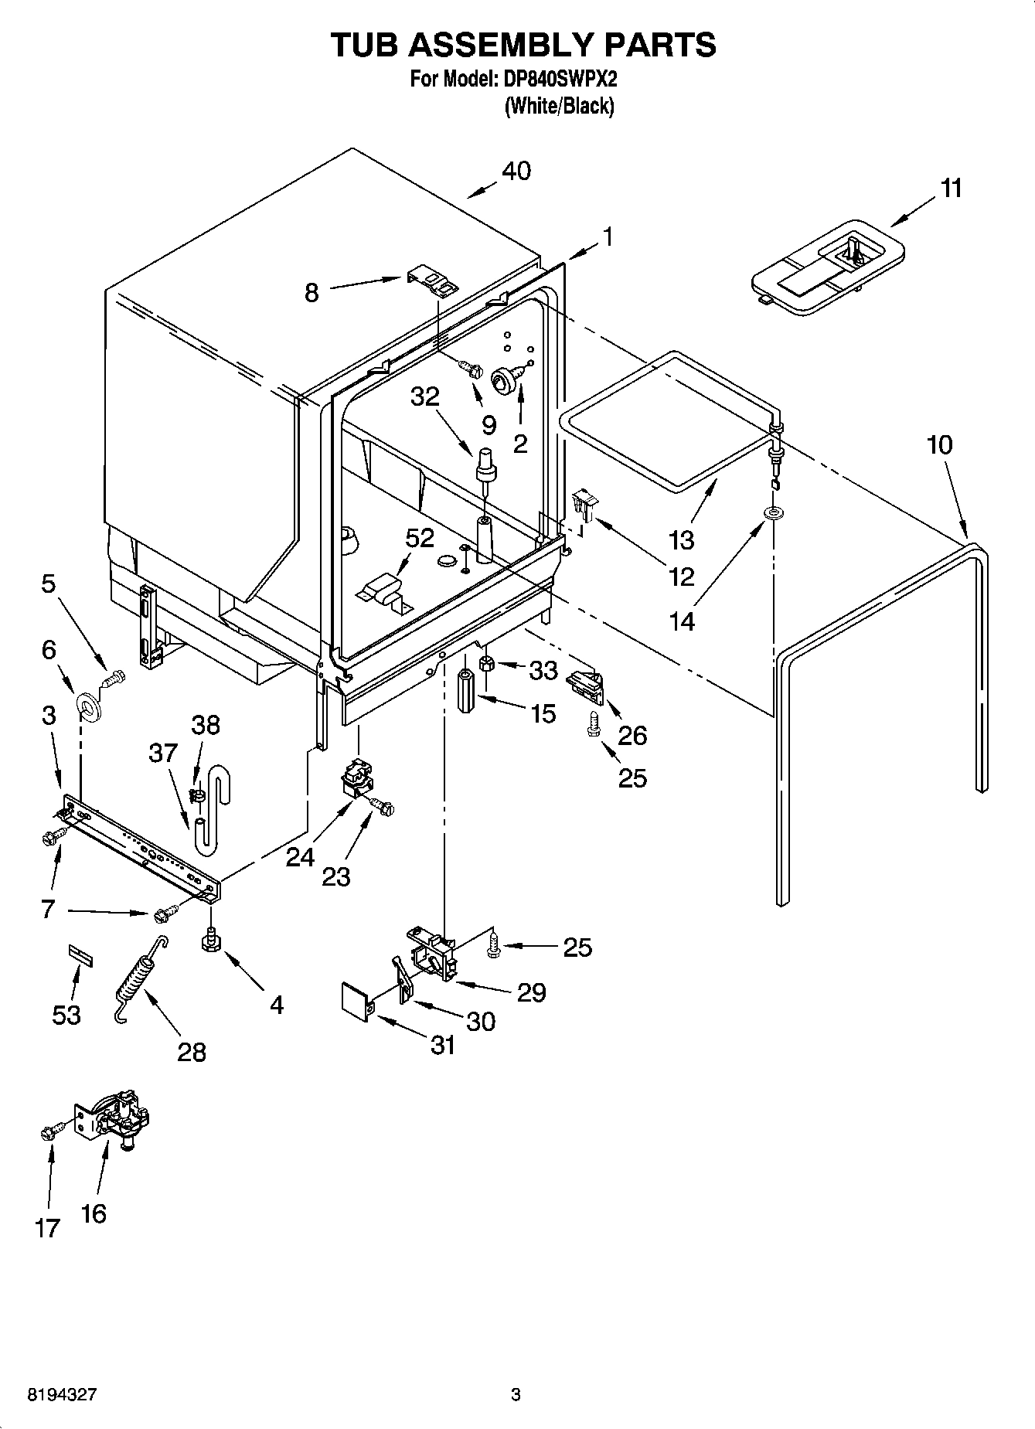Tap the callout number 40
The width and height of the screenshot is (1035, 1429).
pos(516,170)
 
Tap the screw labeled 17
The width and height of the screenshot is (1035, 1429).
pos(46,1133)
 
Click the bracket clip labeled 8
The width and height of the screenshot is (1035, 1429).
pos(433,280)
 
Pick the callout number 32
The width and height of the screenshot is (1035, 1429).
pos(424,396)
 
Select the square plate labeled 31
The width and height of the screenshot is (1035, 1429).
pos(356,997)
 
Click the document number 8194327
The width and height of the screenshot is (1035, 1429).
pos(62,1395)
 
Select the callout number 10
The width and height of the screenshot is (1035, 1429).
pos(939,444)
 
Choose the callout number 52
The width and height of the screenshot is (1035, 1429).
pos(420,539)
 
